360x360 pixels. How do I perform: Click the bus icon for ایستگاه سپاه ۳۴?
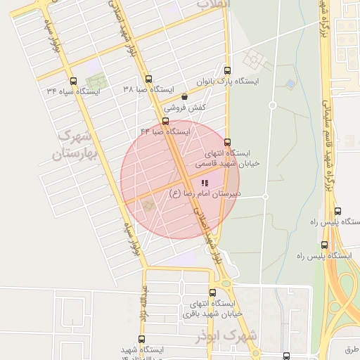74,81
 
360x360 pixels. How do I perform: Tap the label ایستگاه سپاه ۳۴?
74,91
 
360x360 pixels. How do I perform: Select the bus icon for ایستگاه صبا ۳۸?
148,79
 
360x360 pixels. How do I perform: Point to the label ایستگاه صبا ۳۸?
148,89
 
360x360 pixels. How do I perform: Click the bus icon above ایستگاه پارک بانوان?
226,70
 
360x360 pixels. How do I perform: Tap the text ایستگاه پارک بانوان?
227,81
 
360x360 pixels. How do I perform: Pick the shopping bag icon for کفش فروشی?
184,97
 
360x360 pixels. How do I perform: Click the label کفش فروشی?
185,108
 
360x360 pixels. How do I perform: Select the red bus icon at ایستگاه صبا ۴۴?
165,121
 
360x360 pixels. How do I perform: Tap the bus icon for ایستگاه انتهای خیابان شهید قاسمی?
226,141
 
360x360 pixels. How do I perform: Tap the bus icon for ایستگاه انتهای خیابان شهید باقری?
212,292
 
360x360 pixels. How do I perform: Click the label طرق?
352,348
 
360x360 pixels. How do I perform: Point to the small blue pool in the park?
290,84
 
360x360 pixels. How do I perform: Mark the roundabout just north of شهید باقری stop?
226,283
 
